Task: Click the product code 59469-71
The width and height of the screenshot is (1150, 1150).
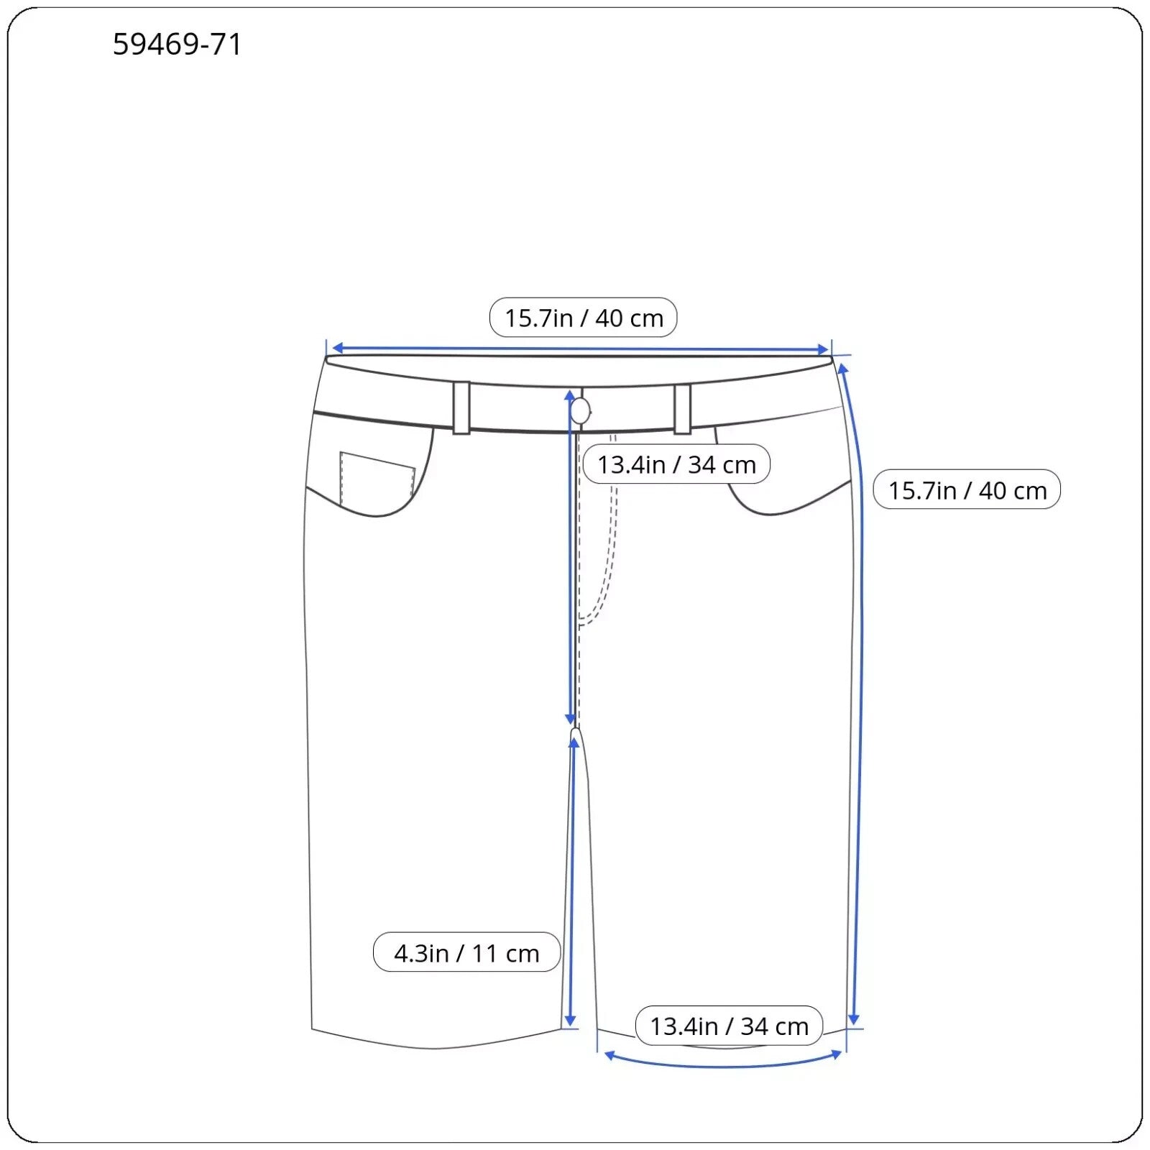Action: coord(177,45)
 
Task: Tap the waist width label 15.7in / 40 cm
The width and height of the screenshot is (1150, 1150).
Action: coord(583,318)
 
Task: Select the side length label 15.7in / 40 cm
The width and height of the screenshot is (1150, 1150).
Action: coord(967,490)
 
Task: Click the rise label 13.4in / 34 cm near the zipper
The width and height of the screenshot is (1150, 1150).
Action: coord(676,464)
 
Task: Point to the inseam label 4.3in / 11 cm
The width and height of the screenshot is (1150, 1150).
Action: coord(466,953)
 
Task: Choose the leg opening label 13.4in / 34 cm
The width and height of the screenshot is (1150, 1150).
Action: coord(729,1026)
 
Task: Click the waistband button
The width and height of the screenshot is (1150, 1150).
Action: coord(580,412)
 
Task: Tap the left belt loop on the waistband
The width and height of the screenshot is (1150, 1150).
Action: coord(461,408)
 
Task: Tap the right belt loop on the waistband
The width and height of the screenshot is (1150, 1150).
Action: coord(682,409)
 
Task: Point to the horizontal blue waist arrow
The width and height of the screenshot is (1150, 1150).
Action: coord(579,349)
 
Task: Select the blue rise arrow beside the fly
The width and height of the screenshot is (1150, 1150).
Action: coord(570,561)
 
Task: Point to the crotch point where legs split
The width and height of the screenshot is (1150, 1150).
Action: coord(575,732)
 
